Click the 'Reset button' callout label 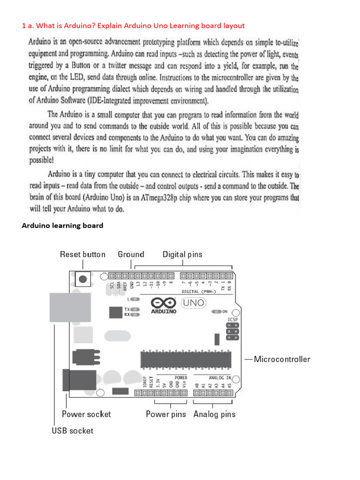coord(82,255)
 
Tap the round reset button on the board coord(83,280)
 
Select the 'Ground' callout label coord(131,255)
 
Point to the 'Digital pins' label coord(182,255)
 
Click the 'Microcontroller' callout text coord(282,360)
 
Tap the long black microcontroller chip coord(186,359)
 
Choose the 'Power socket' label coord(86,414)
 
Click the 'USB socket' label coord(72,430)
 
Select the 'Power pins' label coord(165,414)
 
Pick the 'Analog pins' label coord(214,414)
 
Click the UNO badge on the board coord(194,303)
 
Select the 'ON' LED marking coord(225,311)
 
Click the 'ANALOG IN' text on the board coord(219,377)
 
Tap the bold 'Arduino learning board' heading coord(62,225)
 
